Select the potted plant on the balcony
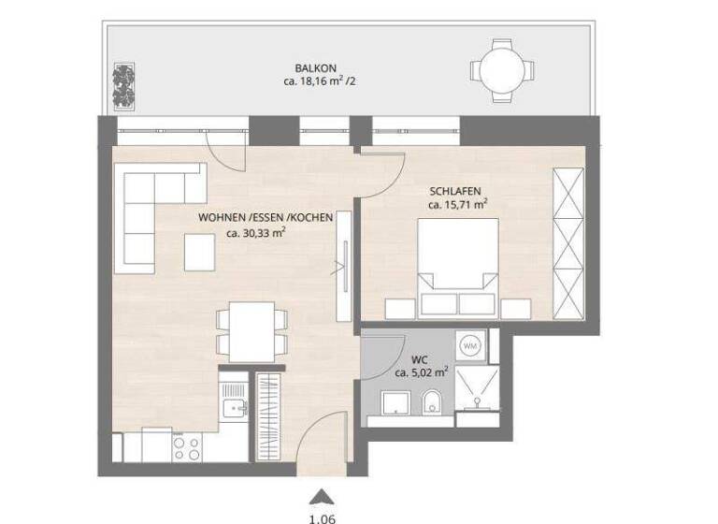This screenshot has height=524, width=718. (x=122, y=84)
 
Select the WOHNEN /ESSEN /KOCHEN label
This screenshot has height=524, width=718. (x=266, y=218)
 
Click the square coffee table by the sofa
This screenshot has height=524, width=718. (x=203, y=250)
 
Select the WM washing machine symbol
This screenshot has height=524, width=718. (x=470, y=345)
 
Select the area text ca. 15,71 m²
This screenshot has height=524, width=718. (x=458, y=204)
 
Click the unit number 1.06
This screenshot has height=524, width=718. (x=321, y=515)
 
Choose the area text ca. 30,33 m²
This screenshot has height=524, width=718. (x=256, y=233)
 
